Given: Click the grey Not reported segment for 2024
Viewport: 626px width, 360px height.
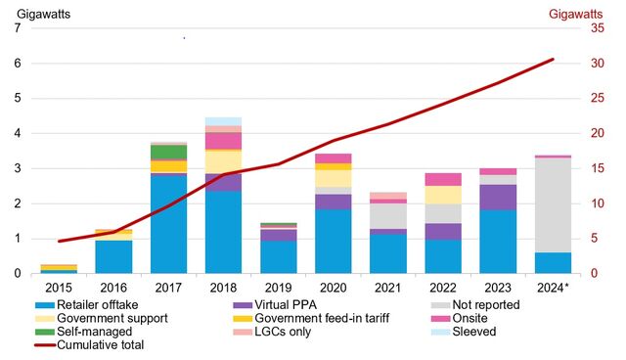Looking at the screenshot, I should [x=553, y=204].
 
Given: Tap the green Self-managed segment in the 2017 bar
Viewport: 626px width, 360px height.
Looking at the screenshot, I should [x=168, y=152].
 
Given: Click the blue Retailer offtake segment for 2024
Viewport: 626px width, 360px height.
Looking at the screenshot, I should [x=553, y=263].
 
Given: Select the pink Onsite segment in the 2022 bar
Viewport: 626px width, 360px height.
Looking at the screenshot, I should [x=443, y=179].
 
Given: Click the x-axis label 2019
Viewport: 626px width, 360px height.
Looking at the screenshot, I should [x=279, y=288].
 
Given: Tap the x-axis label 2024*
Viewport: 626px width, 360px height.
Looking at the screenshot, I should [x=554, y=288].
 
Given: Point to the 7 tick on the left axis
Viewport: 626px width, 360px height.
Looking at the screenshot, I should [x=16, y=28].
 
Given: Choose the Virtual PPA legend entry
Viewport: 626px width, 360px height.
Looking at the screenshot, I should [x=285, y=305].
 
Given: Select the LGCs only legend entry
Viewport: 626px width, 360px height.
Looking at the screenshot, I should [x=290, y=331].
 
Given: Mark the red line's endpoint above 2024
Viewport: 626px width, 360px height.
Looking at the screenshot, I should [x=553, y=60].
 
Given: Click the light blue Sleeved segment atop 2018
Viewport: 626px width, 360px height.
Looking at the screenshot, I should [x=223, y=121].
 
